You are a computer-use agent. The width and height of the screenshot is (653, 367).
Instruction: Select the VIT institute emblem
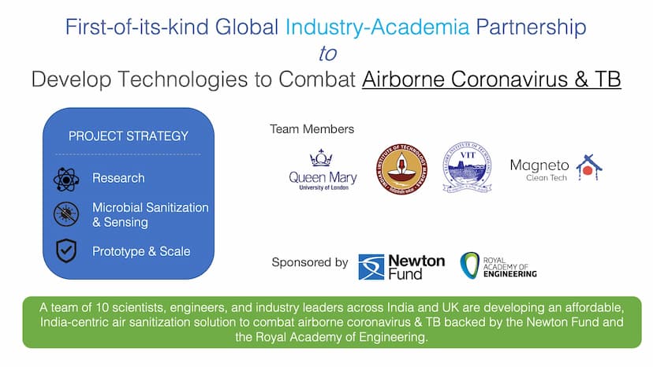[x=467, y=167]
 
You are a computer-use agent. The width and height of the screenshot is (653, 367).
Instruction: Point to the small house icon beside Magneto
[x=589, y=166]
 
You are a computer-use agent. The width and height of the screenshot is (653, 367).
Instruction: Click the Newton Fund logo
[x=401, y=266]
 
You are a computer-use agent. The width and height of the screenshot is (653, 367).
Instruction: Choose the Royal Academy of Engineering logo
[x=498, y=265]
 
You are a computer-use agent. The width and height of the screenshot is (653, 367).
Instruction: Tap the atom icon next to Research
[x=66, y=178]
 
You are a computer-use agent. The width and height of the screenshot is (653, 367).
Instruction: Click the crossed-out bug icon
[x=66, y=214]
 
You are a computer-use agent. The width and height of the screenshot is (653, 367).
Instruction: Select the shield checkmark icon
[x=66, y=251]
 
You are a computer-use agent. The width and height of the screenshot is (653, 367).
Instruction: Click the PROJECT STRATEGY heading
[x=129, y=135]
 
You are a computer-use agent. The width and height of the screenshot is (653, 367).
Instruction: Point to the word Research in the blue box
[x=118, y=178]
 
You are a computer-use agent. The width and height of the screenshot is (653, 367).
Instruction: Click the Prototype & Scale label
[x=141, y=251]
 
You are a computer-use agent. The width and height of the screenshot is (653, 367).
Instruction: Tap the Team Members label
[x=312, y=128]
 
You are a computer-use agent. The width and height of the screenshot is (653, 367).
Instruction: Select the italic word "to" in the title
[x=326, y=54]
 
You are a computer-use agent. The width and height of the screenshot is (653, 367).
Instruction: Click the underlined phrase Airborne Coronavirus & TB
[x=491, y=80]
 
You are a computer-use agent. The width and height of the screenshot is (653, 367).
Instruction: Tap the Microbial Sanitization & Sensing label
[x=150, y=214]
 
